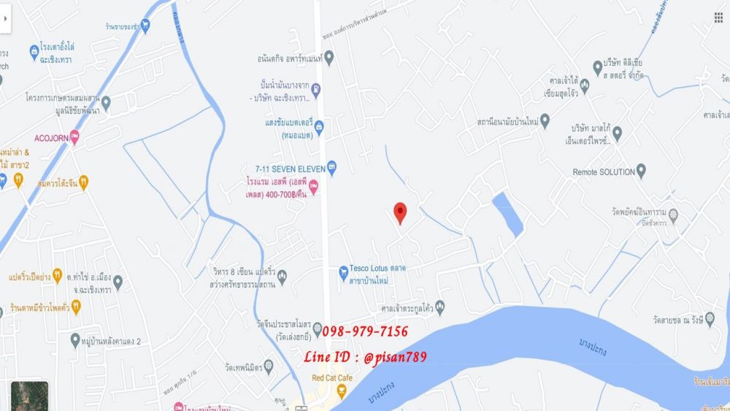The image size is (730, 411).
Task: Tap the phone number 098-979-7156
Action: (x=364, y=331)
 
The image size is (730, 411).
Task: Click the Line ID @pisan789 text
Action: (x=365, y=356)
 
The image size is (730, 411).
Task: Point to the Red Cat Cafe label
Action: (x=331, y=377)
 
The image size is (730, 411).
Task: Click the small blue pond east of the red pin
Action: (x=507, y=214)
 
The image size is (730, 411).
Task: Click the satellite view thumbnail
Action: (x=29, y=396)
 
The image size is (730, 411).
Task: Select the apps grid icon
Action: (x=718, y=18)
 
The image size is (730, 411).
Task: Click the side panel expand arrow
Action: (x=6, y=20)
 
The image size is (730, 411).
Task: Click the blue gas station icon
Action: (x=315, y=89)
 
